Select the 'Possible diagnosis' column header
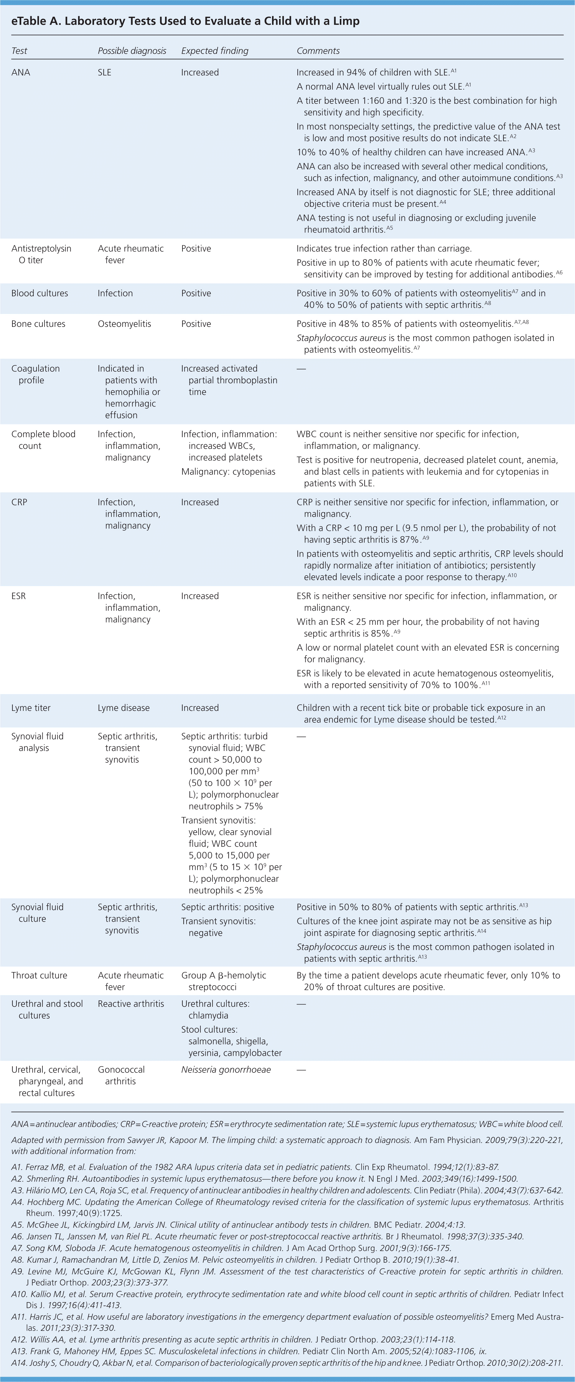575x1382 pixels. [132, 50]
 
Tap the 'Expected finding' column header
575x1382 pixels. [215, 50]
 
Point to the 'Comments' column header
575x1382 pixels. [318, 50]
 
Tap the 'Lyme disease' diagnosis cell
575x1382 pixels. [123, 708]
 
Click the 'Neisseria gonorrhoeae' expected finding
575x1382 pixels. [226, 1069]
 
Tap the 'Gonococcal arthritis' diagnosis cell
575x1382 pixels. [121, 1075]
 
